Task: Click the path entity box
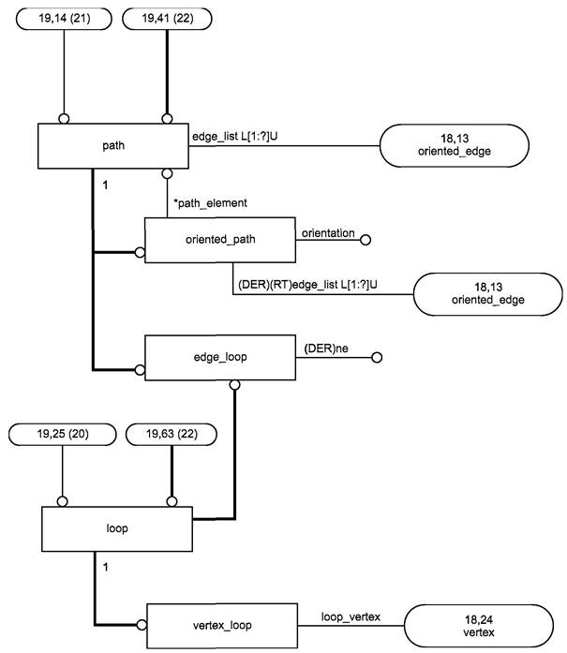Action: pos(112,146)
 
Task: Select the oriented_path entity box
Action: pos(220,240)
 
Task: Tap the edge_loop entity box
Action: pos(220,357)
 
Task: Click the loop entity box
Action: pos(117,529)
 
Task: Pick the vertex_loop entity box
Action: pos(222,626)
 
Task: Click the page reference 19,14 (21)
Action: pos(64,19)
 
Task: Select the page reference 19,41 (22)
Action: pos(167,19)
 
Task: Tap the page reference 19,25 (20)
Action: pos(63,435)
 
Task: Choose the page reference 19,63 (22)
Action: pos(172,435)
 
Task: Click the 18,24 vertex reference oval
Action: pos(479,626)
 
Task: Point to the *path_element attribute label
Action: pos(210,203)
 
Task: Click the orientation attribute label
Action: pos(328,233)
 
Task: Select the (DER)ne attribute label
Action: pos(326,349)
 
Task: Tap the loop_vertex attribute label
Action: pos(351,616)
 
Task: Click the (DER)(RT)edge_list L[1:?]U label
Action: pos(307,285)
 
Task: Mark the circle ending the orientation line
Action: pos(366,240)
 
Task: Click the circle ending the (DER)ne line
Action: pos(377,357)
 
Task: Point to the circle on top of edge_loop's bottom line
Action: pos(235,385)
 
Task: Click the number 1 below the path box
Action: pos(105,186)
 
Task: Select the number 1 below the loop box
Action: pos(105,567)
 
